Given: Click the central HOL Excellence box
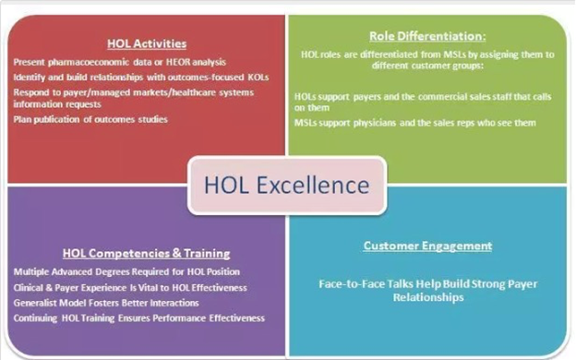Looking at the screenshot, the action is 287,186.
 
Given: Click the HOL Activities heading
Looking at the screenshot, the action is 147,43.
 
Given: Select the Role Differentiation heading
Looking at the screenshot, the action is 427,36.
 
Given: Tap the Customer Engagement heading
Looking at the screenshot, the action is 427,246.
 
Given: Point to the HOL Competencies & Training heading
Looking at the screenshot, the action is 146,253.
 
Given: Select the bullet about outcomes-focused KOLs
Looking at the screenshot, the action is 141,78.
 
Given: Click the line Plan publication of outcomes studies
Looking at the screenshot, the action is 90,119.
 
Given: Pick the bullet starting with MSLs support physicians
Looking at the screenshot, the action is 415,123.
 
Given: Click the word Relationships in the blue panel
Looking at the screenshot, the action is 428,297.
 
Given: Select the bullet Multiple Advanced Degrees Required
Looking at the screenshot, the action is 126,271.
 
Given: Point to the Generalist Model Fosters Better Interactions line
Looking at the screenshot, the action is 106,303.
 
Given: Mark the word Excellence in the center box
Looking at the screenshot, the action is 313,185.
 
